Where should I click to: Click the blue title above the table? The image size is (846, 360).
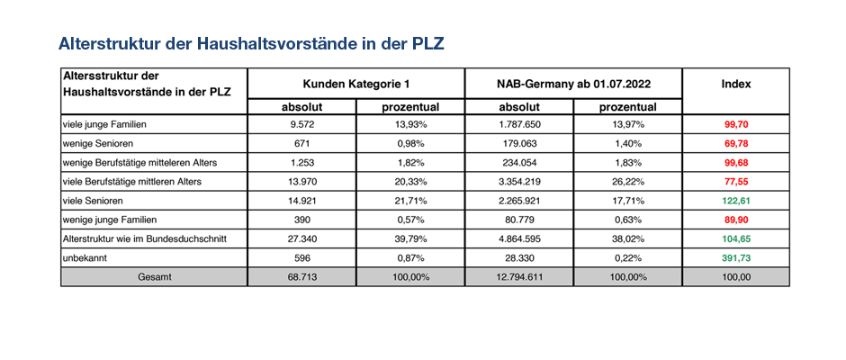(x=251, y=44)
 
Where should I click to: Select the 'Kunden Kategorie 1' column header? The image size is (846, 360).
(x=356, y=85)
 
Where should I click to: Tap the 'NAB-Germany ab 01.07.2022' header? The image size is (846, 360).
(x=573, y=85)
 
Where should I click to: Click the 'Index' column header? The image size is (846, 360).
(x=736, y=85)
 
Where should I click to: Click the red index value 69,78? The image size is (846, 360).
(x=736, y=144)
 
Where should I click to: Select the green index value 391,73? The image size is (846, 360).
(x=736, y=258)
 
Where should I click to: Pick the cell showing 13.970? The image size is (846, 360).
(x=302, y=182)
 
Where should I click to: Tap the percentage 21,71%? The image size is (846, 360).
(x=410, y=201)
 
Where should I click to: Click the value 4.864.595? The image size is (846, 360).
(x=518, y=239)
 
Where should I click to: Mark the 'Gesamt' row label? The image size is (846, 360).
(x=154, y=277)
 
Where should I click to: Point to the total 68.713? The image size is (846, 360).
(x=302, y=277)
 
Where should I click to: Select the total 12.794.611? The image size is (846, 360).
(x=518, y=277)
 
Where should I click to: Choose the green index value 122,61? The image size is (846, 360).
(x=736, y=201)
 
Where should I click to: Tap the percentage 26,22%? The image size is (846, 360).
(x=627, y=182)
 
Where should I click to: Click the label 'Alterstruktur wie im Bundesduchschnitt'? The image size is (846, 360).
(x=145, y=239)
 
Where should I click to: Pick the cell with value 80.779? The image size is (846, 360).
(x=518, y=220)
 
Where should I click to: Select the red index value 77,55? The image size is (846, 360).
(x=736, y=182)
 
